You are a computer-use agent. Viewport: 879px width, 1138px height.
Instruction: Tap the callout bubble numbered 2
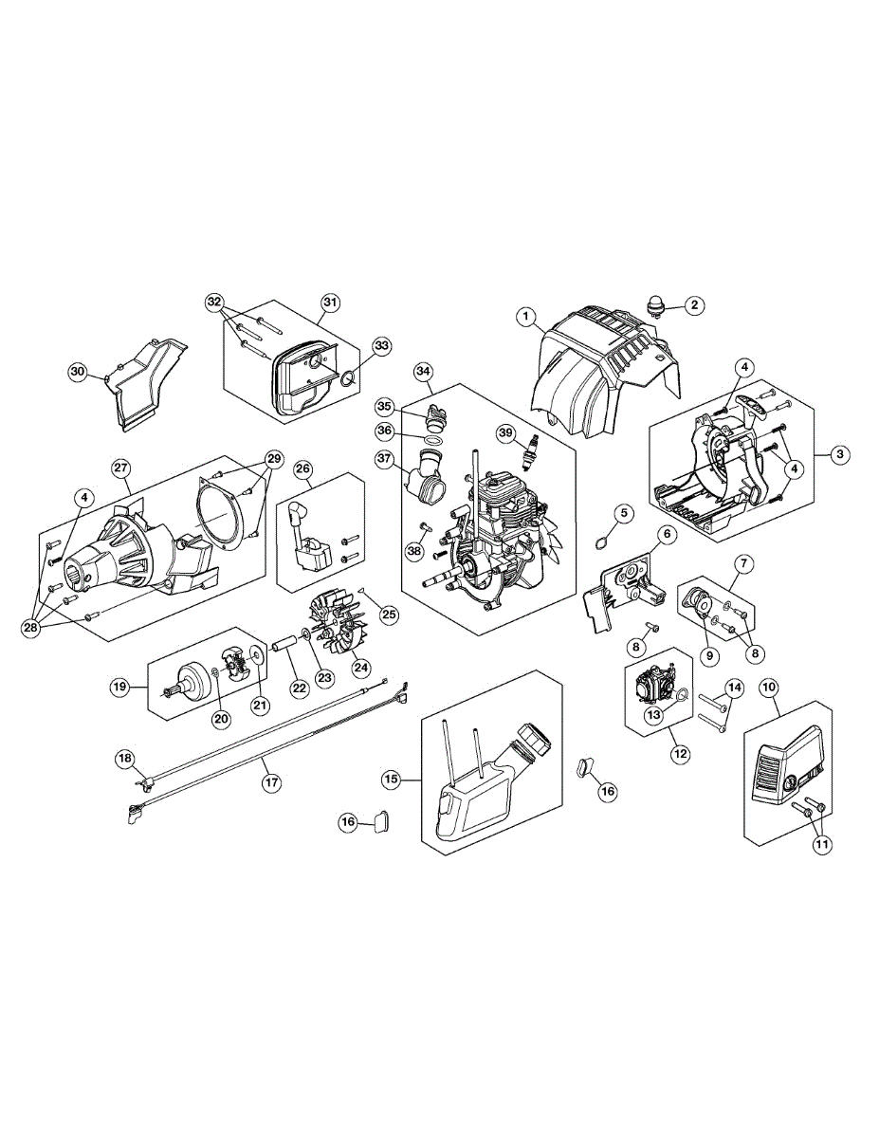[x=695, y=305]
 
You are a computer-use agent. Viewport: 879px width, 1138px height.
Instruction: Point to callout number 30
[x=78, y=371]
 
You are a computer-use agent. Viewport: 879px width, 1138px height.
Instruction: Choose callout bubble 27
[x=120, y=468]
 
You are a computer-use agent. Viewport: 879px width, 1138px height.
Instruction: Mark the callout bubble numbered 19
[x=119, y=686]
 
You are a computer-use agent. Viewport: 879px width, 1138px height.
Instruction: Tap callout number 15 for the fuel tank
[x=392, y=780]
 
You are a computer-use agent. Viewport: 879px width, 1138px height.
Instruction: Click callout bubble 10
[x=768, y=684]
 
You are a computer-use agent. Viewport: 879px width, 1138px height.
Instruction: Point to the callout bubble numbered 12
[x=680, y=755]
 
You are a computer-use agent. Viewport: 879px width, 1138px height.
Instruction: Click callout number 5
[x=623, y=513]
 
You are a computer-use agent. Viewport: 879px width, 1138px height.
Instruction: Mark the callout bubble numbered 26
[x=302, y=468]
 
